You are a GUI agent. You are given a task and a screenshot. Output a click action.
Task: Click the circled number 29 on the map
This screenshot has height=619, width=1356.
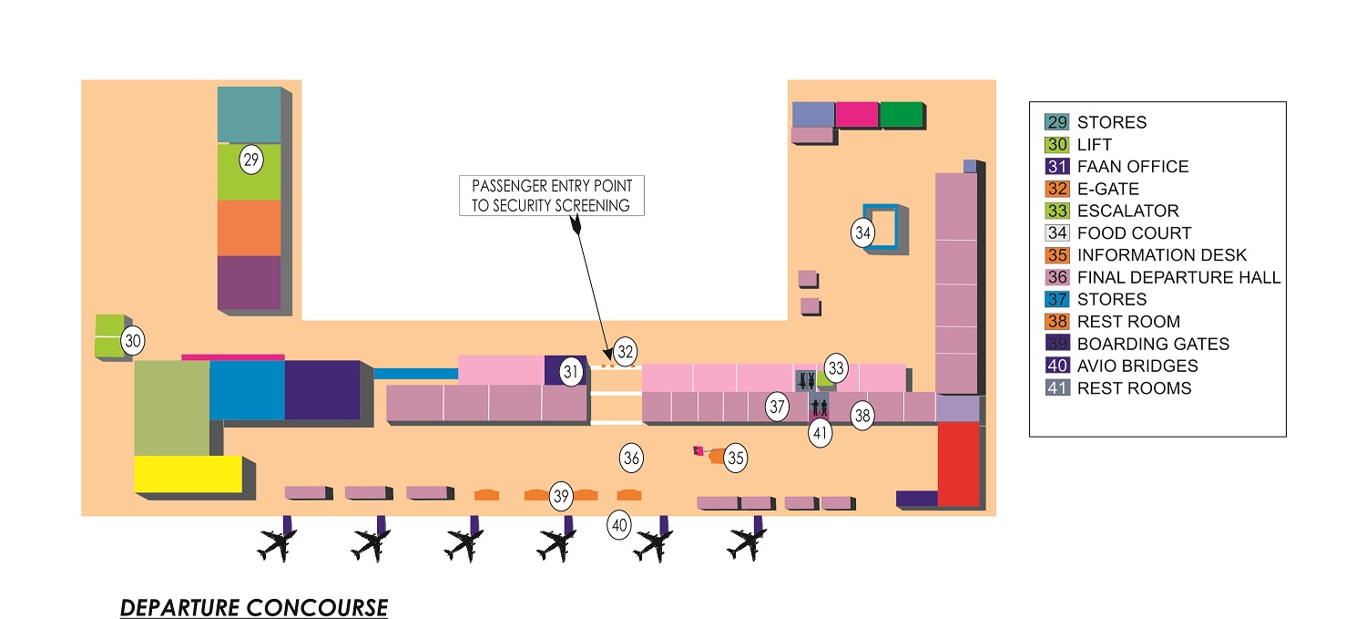tap(251, 160)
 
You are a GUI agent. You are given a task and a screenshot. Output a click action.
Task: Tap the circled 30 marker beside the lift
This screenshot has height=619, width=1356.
tap(133, 341)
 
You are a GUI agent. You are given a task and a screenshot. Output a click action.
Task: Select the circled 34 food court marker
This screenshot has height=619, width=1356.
tap(862, 232)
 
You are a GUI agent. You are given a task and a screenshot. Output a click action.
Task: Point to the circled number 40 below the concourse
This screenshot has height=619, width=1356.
tap(618, 525)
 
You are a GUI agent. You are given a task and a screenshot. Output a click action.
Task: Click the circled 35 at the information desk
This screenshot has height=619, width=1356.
tap(736, 458)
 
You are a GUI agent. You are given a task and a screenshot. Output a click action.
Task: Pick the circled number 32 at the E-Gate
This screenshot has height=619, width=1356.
tap(626, 352)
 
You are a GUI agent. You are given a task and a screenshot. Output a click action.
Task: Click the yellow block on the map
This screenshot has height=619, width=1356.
tap(189, 474)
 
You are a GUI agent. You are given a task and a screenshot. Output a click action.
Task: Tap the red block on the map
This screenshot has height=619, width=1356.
tap(958, 464)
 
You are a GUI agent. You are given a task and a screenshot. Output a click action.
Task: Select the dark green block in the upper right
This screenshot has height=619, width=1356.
tap(902, 115)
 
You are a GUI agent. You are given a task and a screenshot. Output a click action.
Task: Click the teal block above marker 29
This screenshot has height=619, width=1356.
tap(250, 115)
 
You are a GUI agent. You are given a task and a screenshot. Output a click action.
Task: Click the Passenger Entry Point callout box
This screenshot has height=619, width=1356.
tap(552, 195)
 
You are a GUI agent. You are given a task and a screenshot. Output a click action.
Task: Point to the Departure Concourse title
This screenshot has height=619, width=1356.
tap(254, 607)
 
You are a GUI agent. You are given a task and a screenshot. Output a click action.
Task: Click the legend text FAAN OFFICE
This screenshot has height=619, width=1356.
tap(1133, 167)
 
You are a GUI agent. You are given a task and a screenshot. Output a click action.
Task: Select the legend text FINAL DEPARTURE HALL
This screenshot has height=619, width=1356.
tap(1178, 278)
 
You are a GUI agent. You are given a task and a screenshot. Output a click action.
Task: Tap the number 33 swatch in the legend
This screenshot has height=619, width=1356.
tap(1057, 211)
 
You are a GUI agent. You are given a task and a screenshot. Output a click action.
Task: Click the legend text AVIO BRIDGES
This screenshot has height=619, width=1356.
tap(1137, 366)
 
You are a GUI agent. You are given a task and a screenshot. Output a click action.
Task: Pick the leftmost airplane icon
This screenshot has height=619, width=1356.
tap(277, 544)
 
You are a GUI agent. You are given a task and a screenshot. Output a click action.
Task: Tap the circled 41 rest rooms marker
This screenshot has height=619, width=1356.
tap(821, 433)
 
